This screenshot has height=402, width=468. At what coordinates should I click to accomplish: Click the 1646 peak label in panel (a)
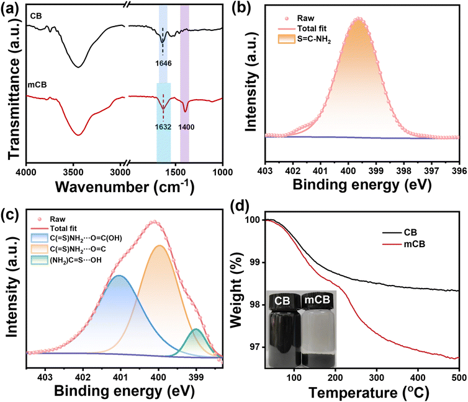pyautogui.click(x=163, y=63)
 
